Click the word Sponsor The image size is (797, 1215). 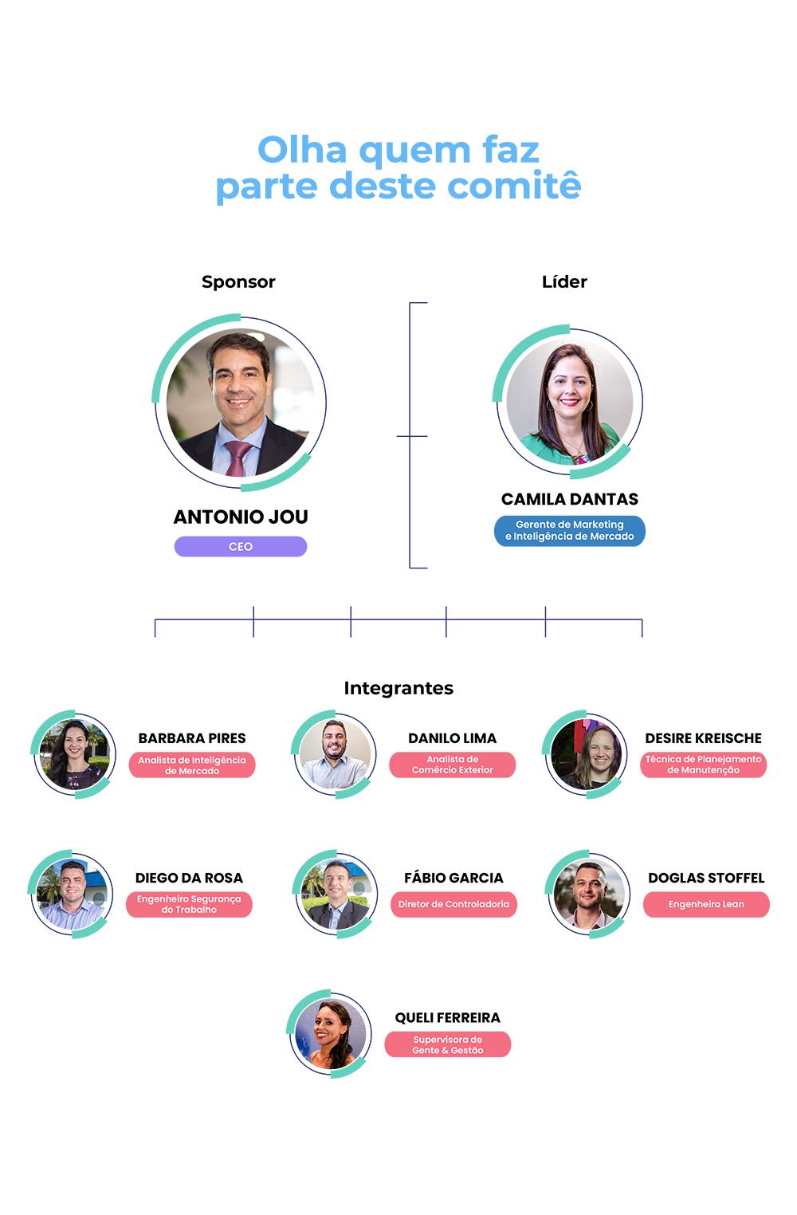(x=238, y=281)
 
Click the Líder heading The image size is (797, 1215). (x=564, y=281)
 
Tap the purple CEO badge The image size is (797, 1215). (x=241, y=546)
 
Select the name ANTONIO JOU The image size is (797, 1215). (x=241, y=517)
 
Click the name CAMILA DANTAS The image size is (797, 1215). (x=570, y=499)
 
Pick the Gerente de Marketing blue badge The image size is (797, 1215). (x=570, y=531)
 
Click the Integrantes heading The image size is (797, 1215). (x=398, y=688)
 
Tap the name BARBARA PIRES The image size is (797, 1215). (x=192, y=738)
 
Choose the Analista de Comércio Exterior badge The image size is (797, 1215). (x=453, y=765)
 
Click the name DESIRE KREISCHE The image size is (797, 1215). (x=704, y=738)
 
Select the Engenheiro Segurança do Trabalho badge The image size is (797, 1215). (x=189, y=904)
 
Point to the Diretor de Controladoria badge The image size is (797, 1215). (x=453, y=904)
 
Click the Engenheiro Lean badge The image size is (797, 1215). (x=706, y=904)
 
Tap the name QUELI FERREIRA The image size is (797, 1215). (x=448, y=1017)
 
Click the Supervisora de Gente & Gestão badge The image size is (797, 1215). (x=448, y=1044)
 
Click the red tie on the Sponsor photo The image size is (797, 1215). (x=238, y=458)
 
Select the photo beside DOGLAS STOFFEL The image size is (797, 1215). (x=589, y=894)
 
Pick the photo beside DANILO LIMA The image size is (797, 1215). (x=334, y=754)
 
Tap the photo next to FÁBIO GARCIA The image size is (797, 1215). (x=336, y=894)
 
